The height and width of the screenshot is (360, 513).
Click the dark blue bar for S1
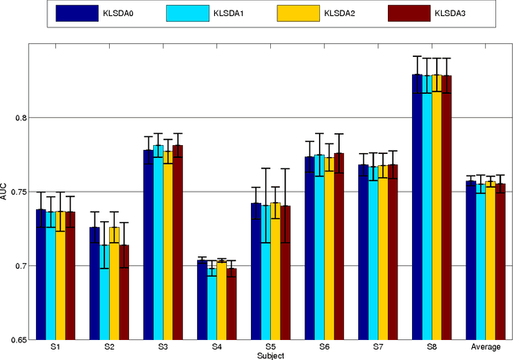41,273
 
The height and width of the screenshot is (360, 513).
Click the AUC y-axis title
5,192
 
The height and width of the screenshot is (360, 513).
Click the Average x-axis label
486,347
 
